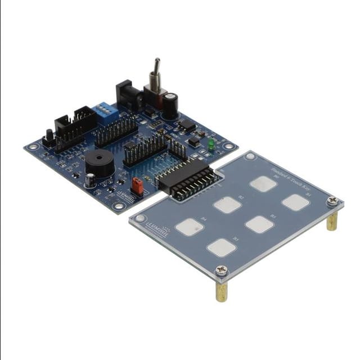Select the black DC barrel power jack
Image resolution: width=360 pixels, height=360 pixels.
pyautogui.click(x=127, y=96)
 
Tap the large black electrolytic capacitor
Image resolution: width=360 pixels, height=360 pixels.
pyautogui.click(x=170, y=105)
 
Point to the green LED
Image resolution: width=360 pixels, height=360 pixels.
pyautogui.click(x=211, y=145)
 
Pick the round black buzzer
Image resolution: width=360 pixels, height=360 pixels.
pyautogui.click(x=100, y=163)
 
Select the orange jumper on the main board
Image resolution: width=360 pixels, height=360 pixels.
pyautogui.click(x=137, y=185)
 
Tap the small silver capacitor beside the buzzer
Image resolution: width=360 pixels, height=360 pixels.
pyautogui.click(x=90, y=180)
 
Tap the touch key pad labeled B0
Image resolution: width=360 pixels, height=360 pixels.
pyautogui.click(x=263, y=183)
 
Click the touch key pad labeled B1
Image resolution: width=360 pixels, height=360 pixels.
pyautogui.click(x=295, y=202)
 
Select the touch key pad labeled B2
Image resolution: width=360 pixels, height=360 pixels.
pyautogui.click(x=228, y=205)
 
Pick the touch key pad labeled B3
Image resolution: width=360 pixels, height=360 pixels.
pyautogui.click(x=259, y=224)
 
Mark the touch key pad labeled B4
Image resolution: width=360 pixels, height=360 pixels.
pyautogui.click(x=189, y=227)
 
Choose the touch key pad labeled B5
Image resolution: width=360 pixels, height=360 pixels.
pyautogui.click(x=221, y=247)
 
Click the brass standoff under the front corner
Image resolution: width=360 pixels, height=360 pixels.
pyautogui.click(x=222, y=290)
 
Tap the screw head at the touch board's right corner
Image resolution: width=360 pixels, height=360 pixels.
pyautogui.click(x=333, y=200)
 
